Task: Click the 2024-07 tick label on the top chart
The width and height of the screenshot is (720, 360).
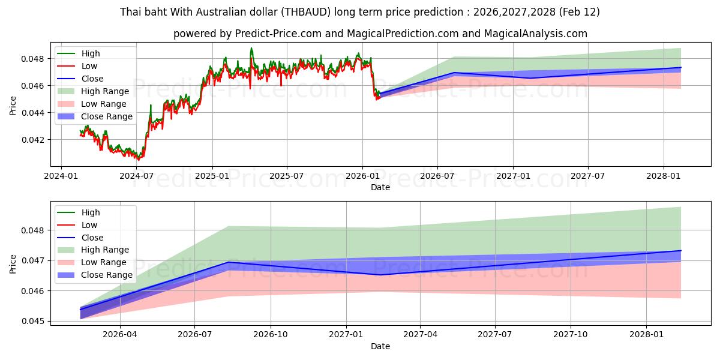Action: click(x=137, y=176)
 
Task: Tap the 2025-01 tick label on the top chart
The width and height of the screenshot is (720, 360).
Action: click(x=212, y=176)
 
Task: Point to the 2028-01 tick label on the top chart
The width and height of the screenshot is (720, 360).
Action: click(x=664, y=176)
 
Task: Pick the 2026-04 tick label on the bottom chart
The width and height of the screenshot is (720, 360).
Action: click(x=120, y=335)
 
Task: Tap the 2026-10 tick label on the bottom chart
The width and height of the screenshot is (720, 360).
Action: click(x=271, y=335)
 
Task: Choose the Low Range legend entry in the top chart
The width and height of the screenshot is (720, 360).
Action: click(x=105, y=104)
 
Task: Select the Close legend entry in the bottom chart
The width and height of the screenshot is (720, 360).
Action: click(x=92, y=238)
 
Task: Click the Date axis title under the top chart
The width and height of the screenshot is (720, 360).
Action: click(x=380, y=187)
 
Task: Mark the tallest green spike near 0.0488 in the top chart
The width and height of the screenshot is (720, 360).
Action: click(x=251, y=49)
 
